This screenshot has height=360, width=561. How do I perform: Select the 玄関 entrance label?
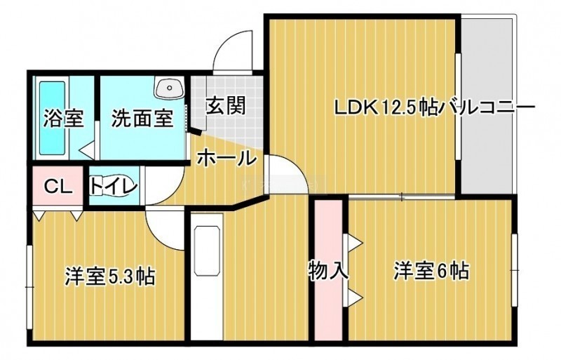point(226,105)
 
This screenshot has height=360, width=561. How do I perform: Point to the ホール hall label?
point(227,158)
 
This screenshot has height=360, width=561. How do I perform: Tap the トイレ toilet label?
point(114,186)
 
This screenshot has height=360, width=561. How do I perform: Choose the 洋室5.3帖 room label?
point(110,276)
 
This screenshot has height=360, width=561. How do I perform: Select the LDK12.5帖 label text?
point(386,107)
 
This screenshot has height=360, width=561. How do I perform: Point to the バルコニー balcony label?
point(487,107)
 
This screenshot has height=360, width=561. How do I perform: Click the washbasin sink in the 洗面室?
point(169,88)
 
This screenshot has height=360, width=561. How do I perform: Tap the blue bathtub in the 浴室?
point(52,118)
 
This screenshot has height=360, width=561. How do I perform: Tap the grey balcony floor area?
point(487,106)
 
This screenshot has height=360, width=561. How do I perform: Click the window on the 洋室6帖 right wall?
point(515,270)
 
